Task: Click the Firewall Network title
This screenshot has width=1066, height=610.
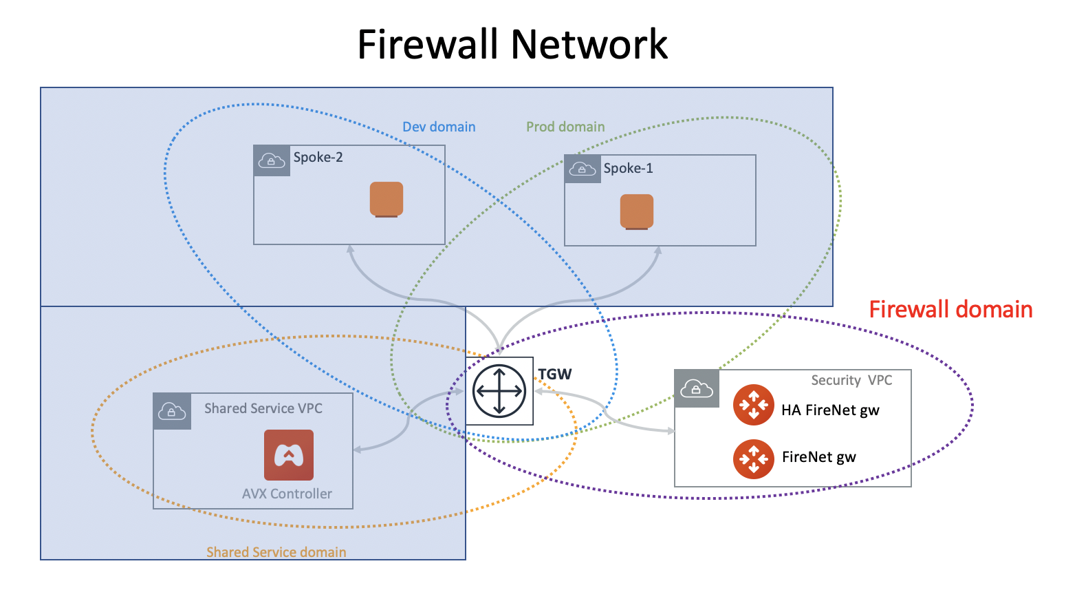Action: coord(512,45)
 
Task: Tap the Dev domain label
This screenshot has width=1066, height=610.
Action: coord(439,127)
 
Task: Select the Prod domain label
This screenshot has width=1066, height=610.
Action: coord(565,127)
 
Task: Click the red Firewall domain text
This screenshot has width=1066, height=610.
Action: coord(950,310)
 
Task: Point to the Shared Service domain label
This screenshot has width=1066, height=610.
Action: coord(276,552)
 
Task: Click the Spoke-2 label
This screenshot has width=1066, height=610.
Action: coord(318,158)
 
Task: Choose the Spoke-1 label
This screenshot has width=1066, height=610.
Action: coord(628,169)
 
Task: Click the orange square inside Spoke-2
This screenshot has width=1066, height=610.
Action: coord(387,199)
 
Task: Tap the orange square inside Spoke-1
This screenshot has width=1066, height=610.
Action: coord(637,211)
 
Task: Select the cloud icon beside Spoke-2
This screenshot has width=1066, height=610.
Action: coord(272,161)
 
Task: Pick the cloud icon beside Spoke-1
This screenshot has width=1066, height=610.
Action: coord(583,169)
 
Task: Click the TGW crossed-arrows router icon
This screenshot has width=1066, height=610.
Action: coord(499,390)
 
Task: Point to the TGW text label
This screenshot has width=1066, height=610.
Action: coord(554,375)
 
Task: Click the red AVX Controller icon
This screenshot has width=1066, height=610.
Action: coord(289,455)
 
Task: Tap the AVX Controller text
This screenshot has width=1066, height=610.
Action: coord(287,494)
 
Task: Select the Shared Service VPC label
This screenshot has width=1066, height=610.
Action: coord(263,408)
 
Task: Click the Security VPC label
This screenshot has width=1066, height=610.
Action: coord(851,380)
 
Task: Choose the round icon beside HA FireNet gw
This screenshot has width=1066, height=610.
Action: coord(754,405)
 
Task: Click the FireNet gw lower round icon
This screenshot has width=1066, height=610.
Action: coord(754,459)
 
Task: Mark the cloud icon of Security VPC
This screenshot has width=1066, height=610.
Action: coord(696,389)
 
